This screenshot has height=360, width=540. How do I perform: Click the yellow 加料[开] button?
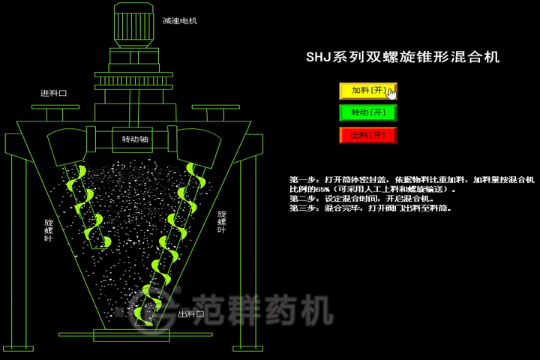(x=367, y=91)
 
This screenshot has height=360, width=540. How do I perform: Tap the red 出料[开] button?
(x=367, y=136)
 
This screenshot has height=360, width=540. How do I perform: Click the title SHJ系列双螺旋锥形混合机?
(x=403, y=57)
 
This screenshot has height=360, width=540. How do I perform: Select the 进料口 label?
(x=53, y=94)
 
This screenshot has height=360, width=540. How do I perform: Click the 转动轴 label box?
(x=135, y=139)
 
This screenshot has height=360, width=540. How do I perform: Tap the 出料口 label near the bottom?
(x=190, y=314)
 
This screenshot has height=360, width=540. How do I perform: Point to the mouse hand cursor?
(x=391, y=93)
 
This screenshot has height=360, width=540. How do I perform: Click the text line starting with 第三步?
(x=370, y=208)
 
